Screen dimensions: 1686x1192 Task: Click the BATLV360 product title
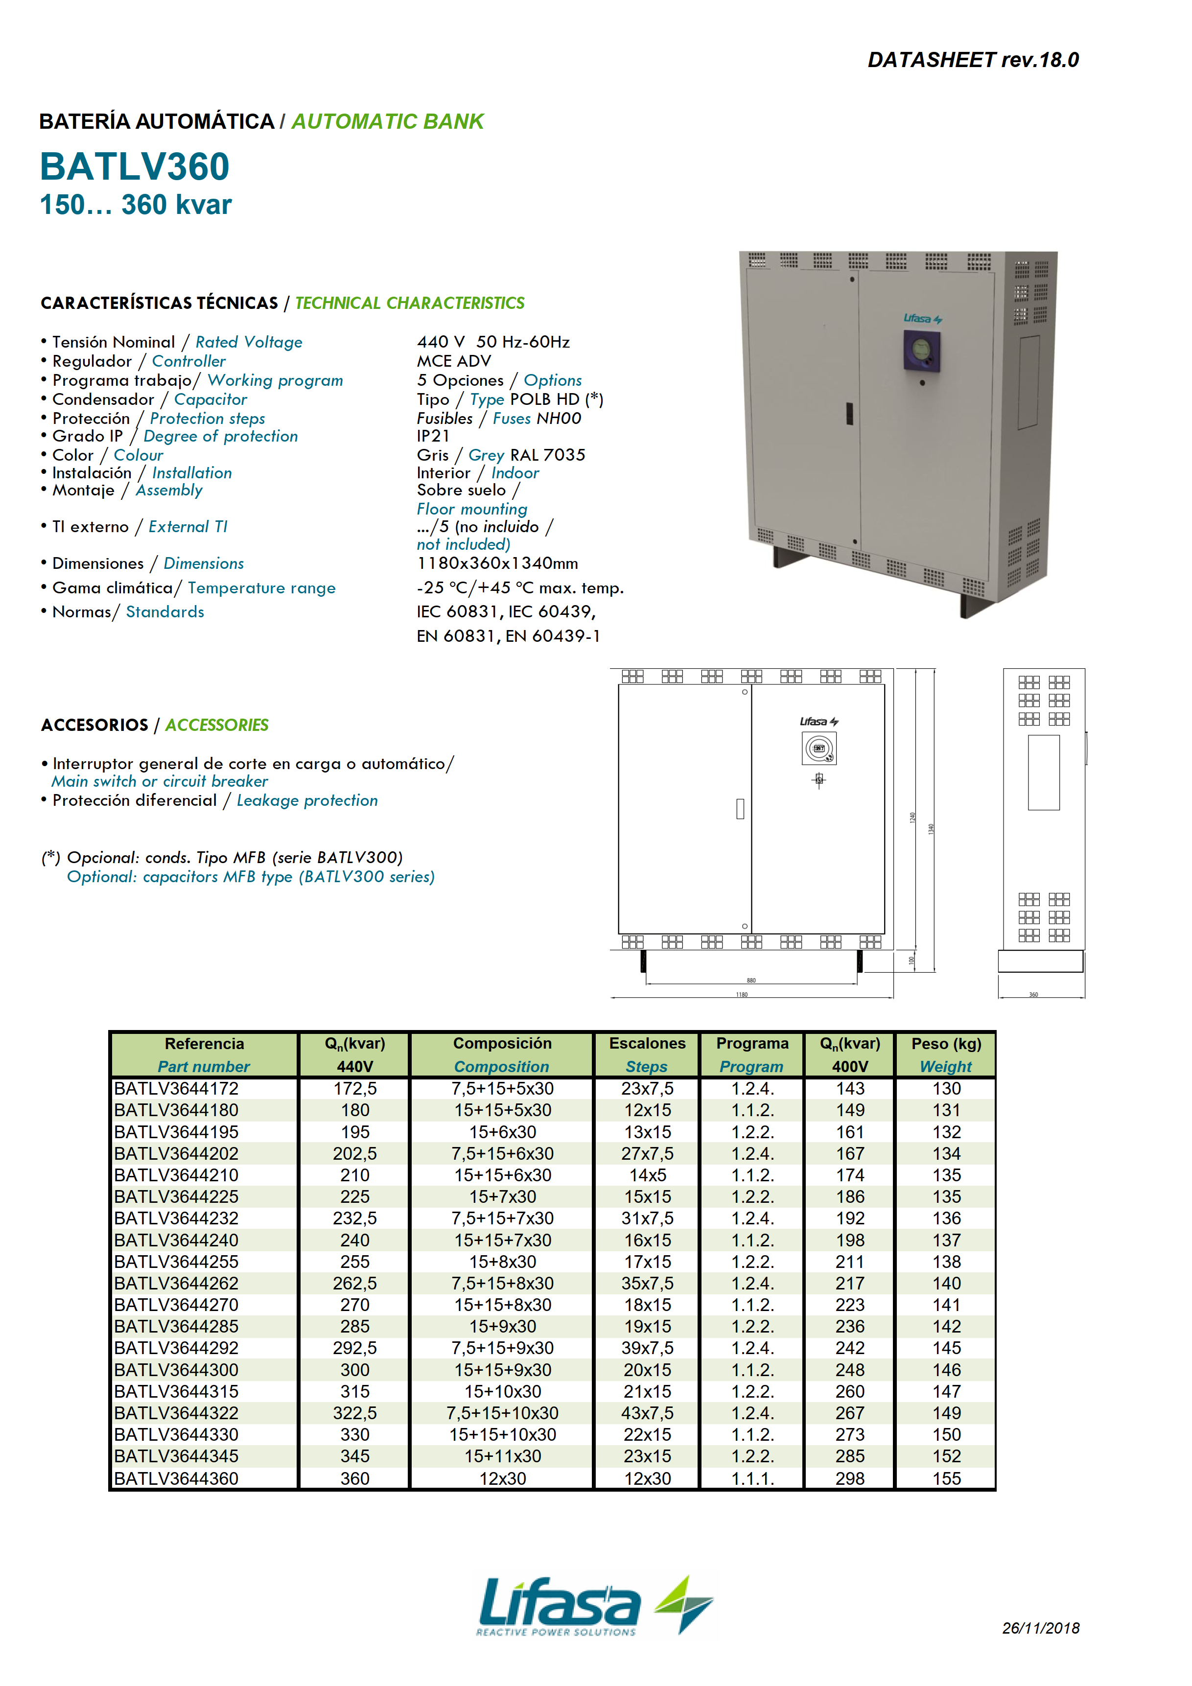pyautogui.click(x=135, y=166)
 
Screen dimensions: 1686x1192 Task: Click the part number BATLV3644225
pyautogui.click(x=176, y=1197)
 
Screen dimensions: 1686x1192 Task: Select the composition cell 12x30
pyautogui.click(x=502, y=1478)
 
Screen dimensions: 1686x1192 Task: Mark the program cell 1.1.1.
pyautogui.click(x=752, y=1478)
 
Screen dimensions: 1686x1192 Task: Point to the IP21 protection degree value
pyautogui.click(x=433, y=436)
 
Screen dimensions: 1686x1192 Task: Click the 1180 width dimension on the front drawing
pyautogui.click(x=742, y=994)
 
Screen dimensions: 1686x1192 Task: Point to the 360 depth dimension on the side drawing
pyautogui.click(x=1033, y=994)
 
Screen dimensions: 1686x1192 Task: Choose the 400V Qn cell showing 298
pyautogui.click(x=850, y=1478)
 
